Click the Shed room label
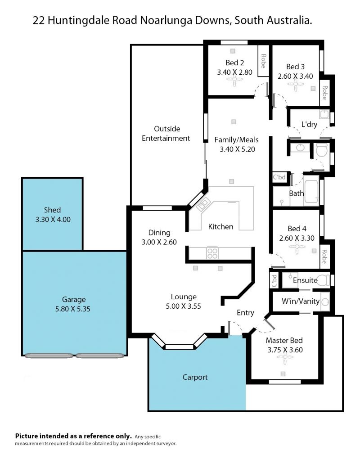click(52, 210)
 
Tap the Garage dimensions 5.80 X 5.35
click(73, 309)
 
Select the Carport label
click(195, 378)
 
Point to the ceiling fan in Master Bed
click(285, 357)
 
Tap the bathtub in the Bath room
click(311, 191)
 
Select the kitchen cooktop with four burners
click(212, 253)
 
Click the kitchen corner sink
click(203, 204)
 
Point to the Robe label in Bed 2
click(263, 61)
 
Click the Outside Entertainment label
click(166, 134)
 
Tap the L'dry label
click(309, 124)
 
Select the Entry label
click(245, 313)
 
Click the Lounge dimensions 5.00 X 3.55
click(183, 306)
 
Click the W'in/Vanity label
click(300, 301)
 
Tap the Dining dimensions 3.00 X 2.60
click(159, 242)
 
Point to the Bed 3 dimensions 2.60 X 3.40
click(295, 76)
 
